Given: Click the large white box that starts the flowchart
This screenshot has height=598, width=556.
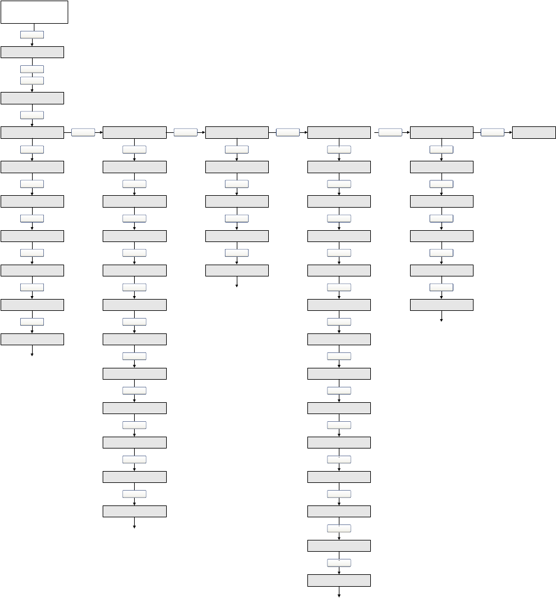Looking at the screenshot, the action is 34,12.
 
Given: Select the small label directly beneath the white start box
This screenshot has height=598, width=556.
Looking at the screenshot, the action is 31,35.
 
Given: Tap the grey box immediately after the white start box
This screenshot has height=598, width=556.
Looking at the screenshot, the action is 32,52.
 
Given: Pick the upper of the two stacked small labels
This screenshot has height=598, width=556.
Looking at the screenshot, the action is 31,69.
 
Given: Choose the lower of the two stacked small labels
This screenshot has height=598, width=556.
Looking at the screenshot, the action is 31,80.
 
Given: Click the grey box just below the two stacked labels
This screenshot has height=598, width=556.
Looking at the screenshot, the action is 32,98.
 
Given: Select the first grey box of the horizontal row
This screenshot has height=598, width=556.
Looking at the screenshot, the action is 32,132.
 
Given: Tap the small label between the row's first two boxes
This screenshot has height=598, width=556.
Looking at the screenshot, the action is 83,132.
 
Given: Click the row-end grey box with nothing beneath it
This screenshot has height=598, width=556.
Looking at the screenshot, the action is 534,132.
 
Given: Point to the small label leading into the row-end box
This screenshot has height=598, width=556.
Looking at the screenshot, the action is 493,132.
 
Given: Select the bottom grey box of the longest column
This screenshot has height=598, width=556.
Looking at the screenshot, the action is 339,580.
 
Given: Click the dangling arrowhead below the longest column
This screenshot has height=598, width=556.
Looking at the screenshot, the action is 339,594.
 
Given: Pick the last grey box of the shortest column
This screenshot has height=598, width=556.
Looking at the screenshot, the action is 237,271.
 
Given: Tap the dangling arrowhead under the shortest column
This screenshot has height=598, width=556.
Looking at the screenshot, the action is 237,285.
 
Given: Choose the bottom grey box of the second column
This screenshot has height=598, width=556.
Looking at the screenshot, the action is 134,511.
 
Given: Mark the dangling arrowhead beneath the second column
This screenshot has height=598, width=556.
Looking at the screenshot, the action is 134,526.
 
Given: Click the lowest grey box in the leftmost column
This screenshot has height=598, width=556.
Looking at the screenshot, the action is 32,339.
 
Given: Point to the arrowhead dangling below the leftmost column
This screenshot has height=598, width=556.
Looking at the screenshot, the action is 32,354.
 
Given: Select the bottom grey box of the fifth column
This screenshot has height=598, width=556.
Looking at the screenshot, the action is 441,305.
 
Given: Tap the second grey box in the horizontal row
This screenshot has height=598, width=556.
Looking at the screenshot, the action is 134,132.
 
